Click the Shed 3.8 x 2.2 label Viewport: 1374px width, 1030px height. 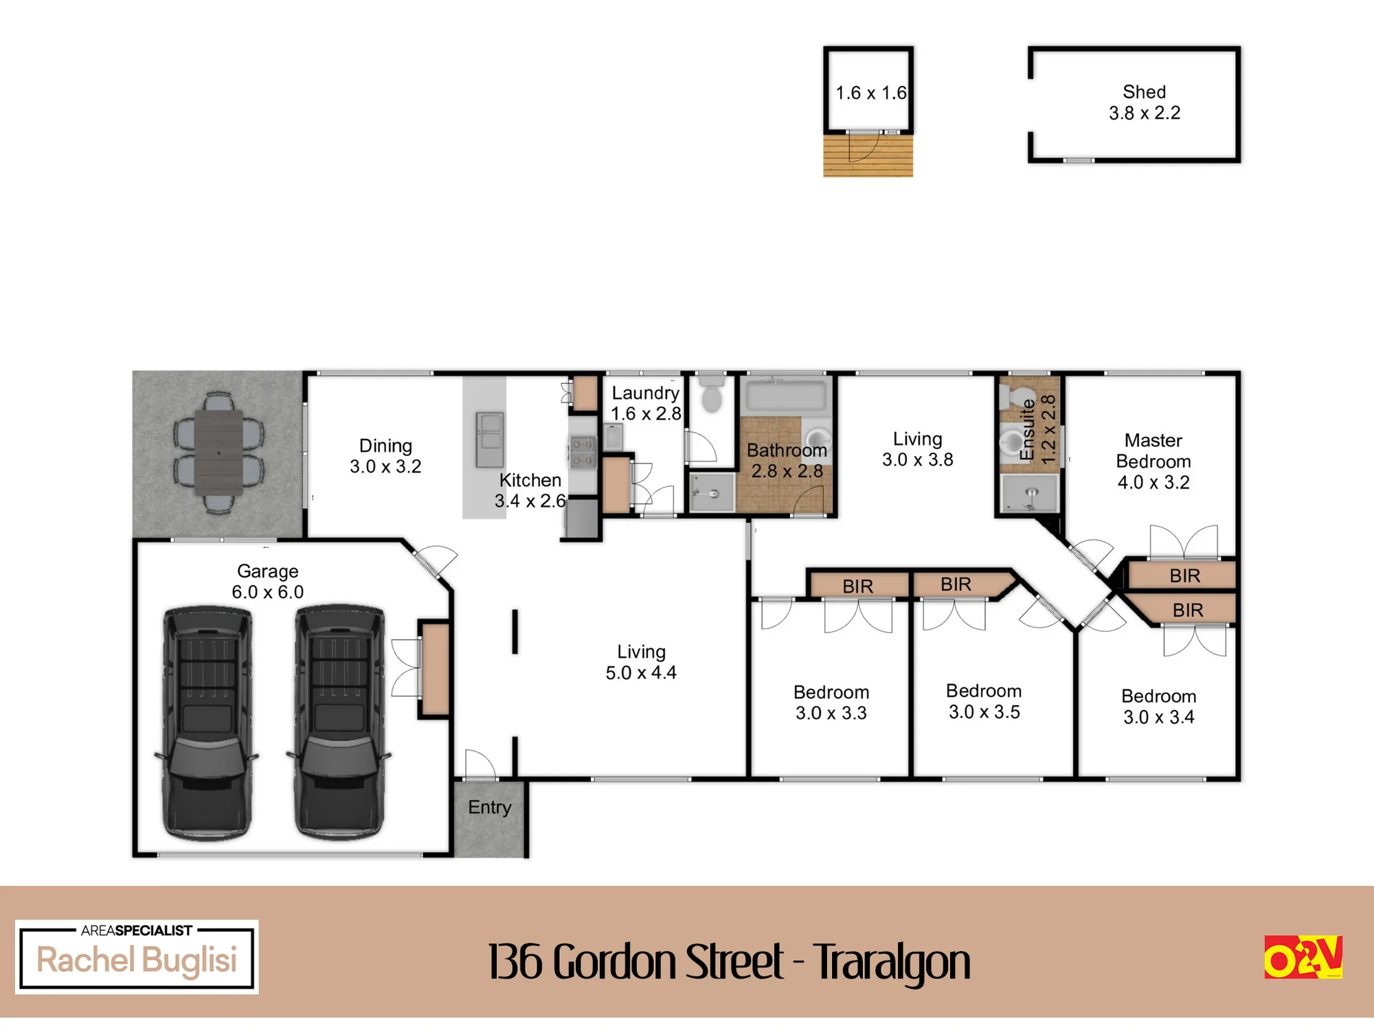click(1145, 102)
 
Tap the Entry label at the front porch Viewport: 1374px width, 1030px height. click(490, 808)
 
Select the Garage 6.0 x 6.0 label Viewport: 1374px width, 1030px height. click(267, 582)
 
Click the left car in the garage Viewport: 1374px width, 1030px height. click(207, 722)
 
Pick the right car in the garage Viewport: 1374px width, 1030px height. click(339, 722)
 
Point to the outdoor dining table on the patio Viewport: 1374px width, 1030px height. click(218, 452)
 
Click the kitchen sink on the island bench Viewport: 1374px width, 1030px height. click(490, 440)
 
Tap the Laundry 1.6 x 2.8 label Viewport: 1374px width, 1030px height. click(646, 403)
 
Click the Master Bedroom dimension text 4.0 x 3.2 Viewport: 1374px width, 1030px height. click(1153, 482)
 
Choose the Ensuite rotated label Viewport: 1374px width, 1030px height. click(1027, 430)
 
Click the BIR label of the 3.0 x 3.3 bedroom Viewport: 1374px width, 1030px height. click(858, 586)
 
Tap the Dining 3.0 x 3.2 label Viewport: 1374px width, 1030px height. click(385, 456)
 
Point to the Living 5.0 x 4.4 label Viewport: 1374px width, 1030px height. click(641, 662)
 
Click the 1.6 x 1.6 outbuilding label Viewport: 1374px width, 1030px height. click(871, 93)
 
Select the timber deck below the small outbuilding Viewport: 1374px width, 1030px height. click(868, 155)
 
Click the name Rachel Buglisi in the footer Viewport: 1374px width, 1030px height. click(137, 960)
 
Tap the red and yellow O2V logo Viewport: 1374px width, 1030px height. click(1303, 957)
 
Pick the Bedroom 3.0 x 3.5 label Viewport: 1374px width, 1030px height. click(984, 701)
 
